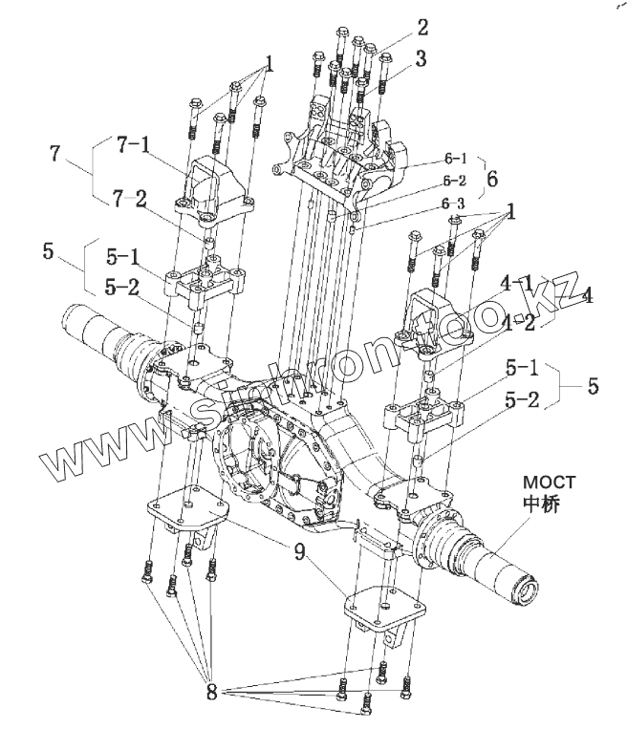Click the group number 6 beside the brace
point(491,178)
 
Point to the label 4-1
point(517,283)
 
